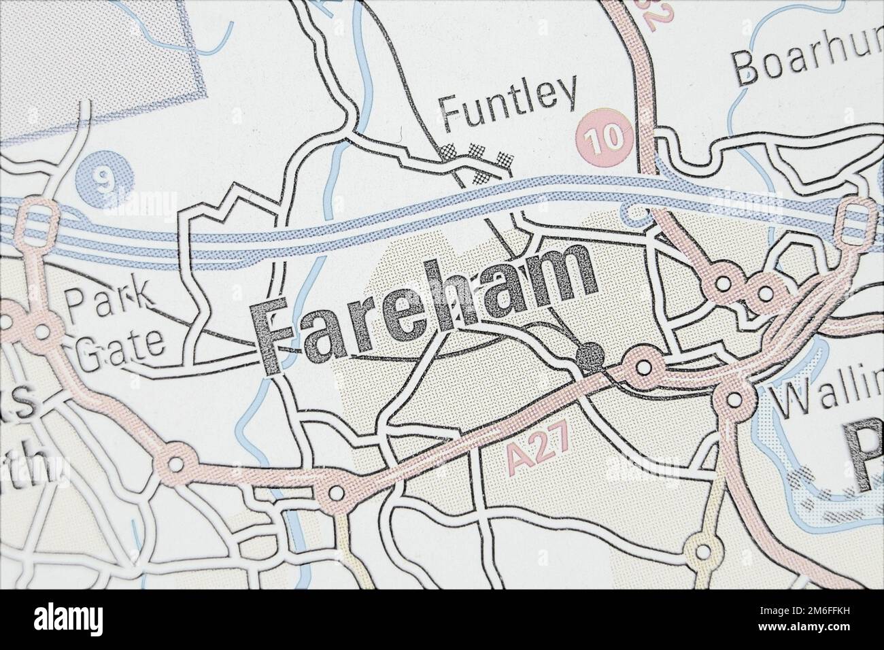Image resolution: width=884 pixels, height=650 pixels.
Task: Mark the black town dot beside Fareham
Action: tap(590, 355)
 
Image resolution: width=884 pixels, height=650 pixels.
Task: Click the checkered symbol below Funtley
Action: tap(476, 160)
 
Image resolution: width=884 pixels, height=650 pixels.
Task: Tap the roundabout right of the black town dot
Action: tap(642, 366)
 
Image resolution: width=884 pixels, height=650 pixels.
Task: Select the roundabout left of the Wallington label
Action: tap(733, 400)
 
